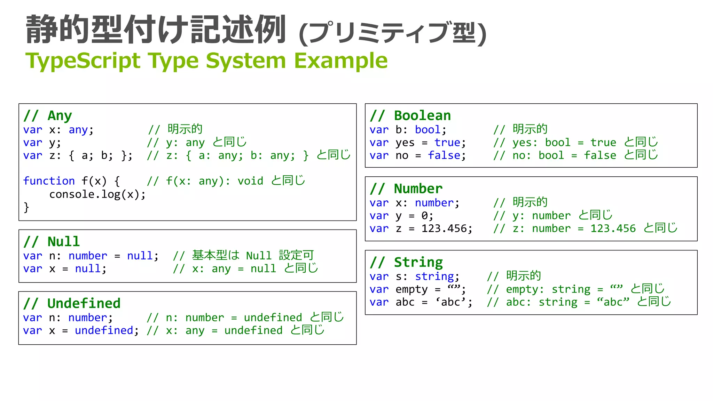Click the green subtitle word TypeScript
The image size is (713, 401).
pos(83,61)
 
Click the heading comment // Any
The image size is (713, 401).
pos(48,115)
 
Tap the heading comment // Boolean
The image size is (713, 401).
pos(410,115)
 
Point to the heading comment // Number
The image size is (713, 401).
pos(406,189)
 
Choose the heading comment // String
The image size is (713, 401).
pos(406,262)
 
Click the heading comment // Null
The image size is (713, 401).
pos(52,242)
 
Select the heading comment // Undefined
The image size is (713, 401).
pos(72,304)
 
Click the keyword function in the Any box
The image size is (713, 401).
pos(49,181)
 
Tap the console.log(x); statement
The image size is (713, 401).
pos(97,194)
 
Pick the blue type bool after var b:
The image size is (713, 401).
pos(428,130)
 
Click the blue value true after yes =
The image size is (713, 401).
pos(447,143)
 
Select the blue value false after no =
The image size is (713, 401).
pos(444,155)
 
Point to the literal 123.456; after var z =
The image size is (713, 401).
pos(447,229)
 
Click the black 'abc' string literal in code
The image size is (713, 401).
pos(450,302)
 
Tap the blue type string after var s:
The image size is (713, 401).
pos(434,276)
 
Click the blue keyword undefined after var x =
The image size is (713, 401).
pos(104,330)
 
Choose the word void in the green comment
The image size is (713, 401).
pos(250,181)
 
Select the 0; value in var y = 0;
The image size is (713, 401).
pos(427,216)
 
